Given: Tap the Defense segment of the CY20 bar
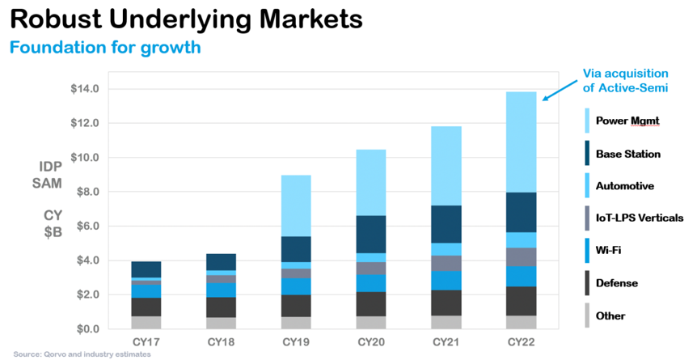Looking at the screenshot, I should pyautogui.click(x=371, y=303).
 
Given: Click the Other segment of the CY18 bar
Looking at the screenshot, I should pyautogui.click(x=221, y=323).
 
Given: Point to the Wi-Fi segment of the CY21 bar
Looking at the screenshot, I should pyautogui.click(x=446, y=281).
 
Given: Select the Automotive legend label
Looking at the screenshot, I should pyautogui.click(x=625, y=186).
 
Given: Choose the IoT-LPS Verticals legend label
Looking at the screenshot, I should pyautogui.click(x=644, y=218).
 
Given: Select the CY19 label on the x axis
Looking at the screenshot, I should pyautogui.click(x=297, y=343).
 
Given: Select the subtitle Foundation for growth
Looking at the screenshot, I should pyautogui.click(x=104, y=47).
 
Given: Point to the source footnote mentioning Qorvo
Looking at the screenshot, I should pyautogui.click(x=82, y=354).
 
